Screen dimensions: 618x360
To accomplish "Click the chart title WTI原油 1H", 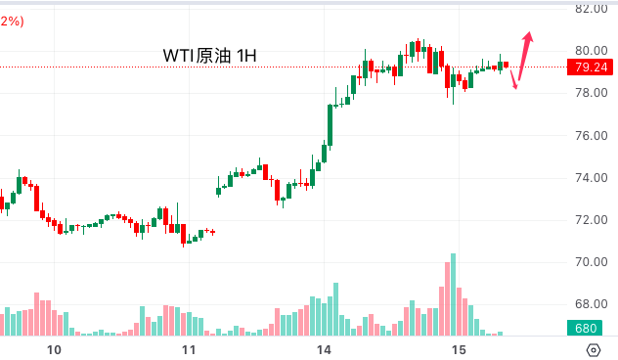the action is pyautogui.click(x=209, y=56).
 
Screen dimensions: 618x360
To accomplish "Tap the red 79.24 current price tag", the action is pyautogui.click(x=590, y=67).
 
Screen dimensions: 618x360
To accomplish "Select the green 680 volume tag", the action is pyautogui.click(x=585, y=328).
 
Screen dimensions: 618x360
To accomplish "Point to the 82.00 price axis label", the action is pyautogui.click(x=592, y=9).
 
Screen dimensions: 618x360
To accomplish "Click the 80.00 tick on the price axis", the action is pyautogui.click(x=592, y=51).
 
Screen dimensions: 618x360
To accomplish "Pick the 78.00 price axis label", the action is pyautogui.click(x=592, y=93).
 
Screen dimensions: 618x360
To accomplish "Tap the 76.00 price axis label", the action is pyautogui.click(x=592, y=136).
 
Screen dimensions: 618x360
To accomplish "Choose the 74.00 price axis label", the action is pyautogui.click(x=592, y=178).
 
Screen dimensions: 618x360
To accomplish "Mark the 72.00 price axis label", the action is pyautogui.click(x=592, y=220).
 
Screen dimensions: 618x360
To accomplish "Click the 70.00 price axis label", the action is pyautogui.click(x=592, y=262).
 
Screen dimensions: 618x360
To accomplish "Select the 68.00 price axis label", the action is pyautogui.click(x=592, y=304).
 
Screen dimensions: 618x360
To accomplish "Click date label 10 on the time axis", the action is pyautogui.click(x=54, y=350).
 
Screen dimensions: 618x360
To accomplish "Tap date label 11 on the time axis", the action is pyautogui.click(x=189, y=350).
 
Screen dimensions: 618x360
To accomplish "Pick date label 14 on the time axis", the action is pyautogui.click(x=324, y=350).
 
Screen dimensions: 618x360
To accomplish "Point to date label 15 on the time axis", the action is pyautogui.click(x=459, y=350).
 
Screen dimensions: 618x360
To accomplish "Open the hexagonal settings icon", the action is pyautogui.click(x=594, y=350).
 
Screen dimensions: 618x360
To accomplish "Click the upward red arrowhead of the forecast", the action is pyautogui.click(x=528, y=37).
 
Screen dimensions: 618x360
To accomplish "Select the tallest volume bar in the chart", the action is pyautogui.click(x=454, y=294).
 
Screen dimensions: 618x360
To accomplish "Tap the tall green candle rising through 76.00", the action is pyautogui.click(x=330, y=125).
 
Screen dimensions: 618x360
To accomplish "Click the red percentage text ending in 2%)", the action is pyautogui.click(x=12, y=22).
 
